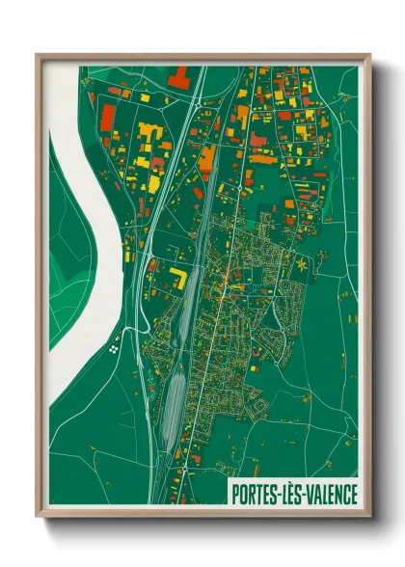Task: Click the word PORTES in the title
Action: coord(255,493)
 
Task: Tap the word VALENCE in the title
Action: coord(326,493)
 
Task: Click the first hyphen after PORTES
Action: coord(278,494)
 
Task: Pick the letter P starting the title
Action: coord(235,493)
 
